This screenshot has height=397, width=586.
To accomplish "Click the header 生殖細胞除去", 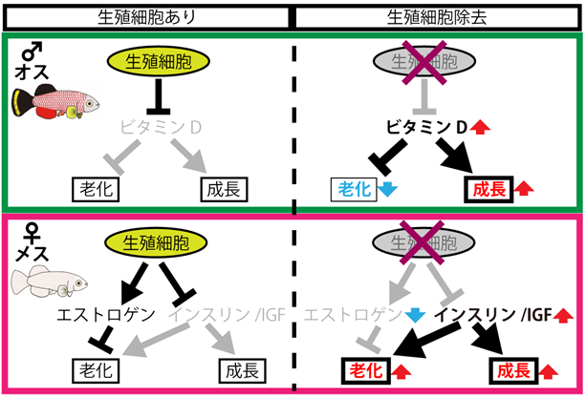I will tap(435, 17).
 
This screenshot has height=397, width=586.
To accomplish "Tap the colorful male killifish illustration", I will tap(53, 101).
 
